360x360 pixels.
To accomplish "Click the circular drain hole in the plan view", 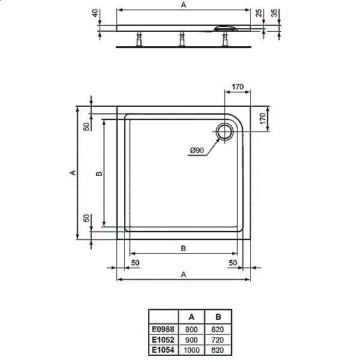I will (x=226, y=131).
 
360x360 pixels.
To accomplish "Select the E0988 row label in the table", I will (x=163, y=329).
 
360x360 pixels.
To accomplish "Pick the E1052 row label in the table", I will (x=163, y=339).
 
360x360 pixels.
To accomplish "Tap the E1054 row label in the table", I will (x=163, y=349).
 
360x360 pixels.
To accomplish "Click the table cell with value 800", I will (x=191, y=329).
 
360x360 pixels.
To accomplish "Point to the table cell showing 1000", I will (x=191, y=349).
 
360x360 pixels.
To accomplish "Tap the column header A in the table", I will (x=191, y=317).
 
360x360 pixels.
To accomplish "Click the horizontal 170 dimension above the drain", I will (x=237, y=88).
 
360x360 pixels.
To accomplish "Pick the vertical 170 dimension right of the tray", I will (x=262, y=118).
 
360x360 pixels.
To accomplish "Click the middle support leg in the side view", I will (x=181, y=39).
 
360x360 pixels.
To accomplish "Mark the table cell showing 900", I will (x=191, y=339).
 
